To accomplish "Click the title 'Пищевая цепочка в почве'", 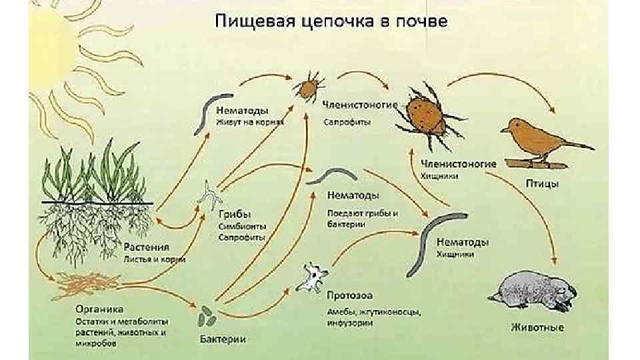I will [332, 21].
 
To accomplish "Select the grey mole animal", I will [533, 290].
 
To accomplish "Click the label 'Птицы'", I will [541, 184].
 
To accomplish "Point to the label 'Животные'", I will [537, 327].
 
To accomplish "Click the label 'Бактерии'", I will [223, 340].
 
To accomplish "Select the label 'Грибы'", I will [235, 215].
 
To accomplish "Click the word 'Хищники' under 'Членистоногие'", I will [439, 177].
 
